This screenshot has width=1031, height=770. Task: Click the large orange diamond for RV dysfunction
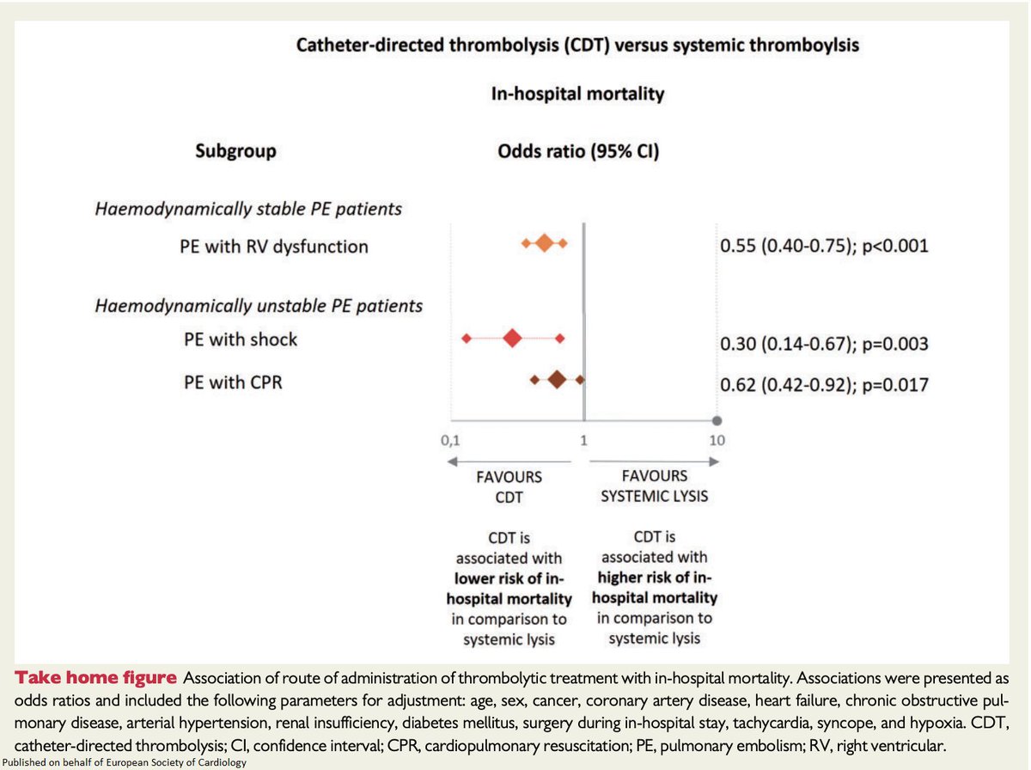point(545,244)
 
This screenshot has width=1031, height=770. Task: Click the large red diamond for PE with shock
point(512,339)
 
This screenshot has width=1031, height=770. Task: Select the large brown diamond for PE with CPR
point(557,379)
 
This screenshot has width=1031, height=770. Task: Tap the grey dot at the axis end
point(717,420)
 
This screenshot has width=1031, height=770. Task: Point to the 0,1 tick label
point(450,441)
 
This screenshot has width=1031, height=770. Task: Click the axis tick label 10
point(717,441)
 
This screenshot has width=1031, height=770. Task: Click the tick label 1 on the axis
point(583,441)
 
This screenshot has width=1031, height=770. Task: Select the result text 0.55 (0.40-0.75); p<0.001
point(823,247)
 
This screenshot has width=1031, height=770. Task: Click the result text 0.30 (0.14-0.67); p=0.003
point(823,344)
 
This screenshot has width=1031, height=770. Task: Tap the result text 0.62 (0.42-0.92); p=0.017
point(823,384)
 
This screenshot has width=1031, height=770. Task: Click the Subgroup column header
point(235,151)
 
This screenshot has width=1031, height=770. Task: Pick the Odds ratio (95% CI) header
point(578,151)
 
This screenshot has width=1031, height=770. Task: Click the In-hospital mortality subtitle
point(577,94)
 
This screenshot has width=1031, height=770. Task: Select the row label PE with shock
point(241,339)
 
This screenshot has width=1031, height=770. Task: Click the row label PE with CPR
point(233,382)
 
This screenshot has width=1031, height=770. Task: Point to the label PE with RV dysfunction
point(274,247)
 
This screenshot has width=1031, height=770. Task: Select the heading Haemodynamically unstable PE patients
point(259,305)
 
